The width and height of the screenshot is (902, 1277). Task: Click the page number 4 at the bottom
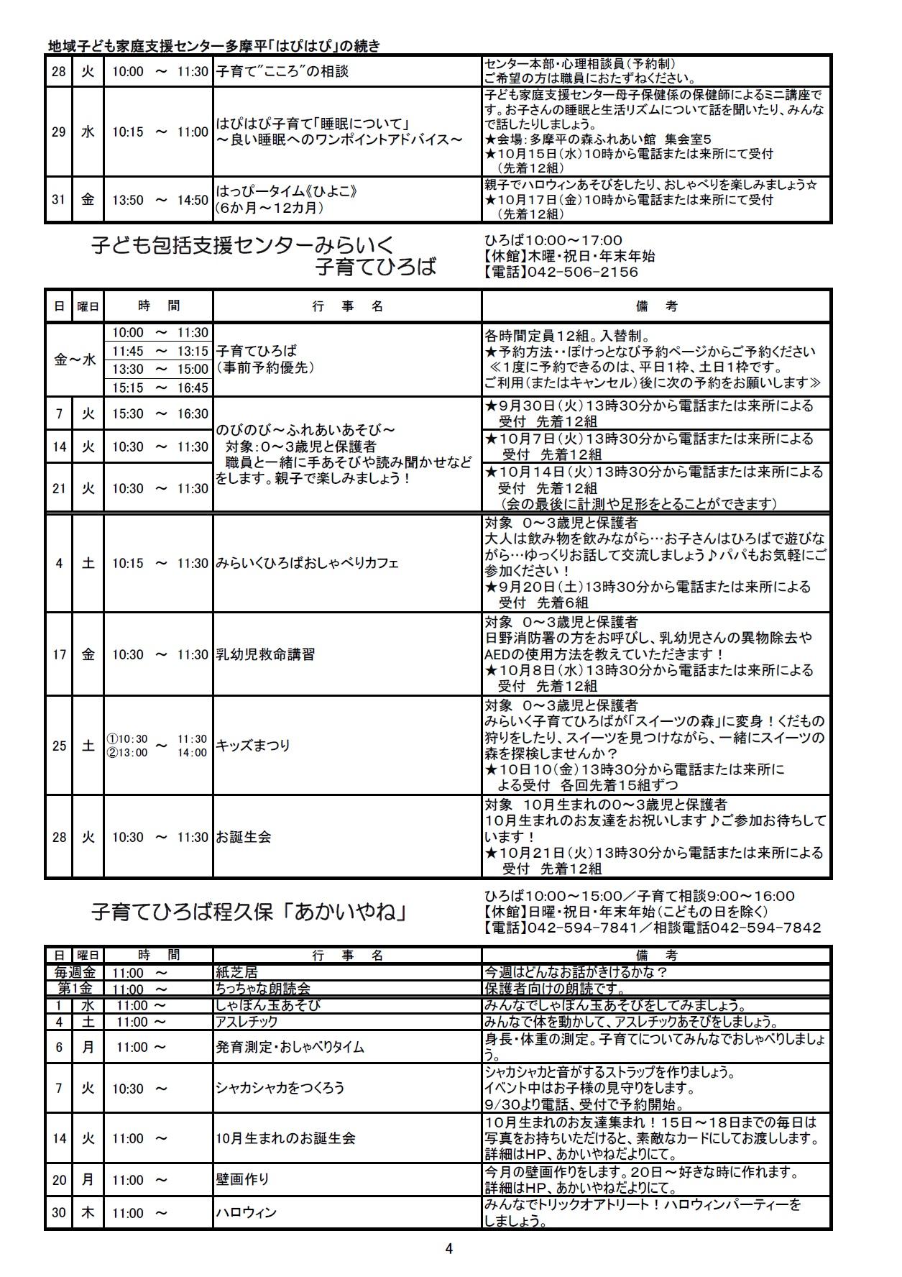click(x=449, y=1248)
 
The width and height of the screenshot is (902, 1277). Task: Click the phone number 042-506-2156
click(x=582, y=273)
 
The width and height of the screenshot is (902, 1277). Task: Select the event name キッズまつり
click(x=253, y=745)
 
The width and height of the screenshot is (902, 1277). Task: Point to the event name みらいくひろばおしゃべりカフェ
click(x=307, y=563)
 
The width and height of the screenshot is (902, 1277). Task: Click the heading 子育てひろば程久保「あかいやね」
click(x=250, y=912)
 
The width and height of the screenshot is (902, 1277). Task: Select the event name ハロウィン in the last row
click(x=246, y=1212)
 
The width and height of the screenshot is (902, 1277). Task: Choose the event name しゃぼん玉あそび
click(x=267, y=1005)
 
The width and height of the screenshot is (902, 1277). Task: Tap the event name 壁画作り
click(x=242, y=1178)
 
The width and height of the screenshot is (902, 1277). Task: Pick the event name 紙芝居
click(x=236, y=972)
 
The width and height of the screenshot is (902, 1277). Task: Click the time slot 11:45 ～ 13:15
click(x=160, y=351)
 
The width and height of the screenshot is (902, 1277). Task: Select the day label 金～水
click(x=75, y=360)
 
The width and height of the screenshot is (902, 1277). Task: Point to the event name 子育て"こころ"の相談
click(x=282, y=71)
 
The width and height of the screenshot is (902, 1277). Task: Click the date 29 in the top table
click(x=58, y=132)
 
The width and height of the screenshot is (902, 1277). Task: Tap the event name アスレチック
click(x=247, y=1022)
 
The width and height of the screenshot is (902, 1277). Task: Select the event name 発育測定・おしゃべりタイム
click(x=290, y=1047)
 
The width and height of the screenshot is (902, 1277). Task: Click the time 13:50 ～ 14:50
click(x=160, y=200)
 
